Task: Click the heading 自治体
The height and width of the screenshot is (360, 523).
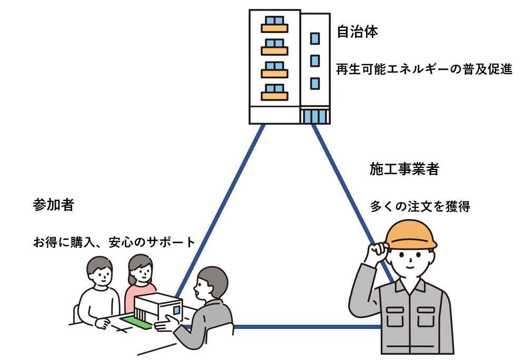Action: coord(357,32)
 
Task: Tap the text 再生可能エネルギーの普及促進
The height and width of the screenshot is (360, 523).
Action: coord(424,69)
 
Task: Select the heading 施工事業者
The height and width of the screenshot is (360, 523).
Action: coord(404,169)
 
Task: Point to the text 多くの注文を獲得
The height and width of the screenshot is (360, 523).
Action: coord(420,206)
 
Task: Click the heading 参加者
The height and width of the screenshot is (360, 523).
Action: coord(53,205)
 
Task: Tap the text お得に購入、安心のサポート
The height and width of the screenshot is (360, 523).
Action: coord(114,243)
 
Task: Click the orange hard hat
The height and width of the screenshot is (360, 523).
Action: coord(411,234)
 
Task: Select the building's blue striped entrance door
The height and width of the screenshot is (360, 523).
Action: coord(314,116)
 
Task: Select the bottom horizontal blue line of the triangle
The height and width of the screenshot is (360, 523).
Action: coord(305,327)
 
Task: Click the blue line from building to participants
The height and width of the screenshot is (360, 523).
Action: coord(221,205)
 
